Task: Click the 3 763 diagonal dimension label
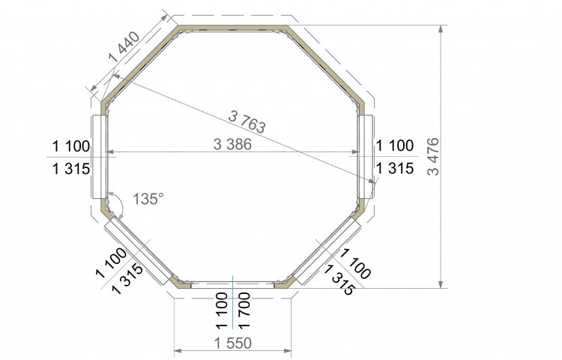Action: point(247,121)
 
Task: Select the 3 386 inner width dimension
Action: point(232,144)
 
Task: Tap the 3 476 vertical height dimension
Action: point(433,156)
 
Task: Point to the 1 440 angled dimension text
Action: point(124,47)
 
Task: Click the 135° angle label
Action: point(148,199)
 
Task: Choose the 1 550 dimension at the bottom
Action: point(233,343)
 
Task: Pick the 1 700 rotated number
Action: point(244,310)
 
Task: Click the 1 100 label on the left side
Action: point(71,146)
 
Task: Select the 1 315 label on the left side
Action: point(71,169)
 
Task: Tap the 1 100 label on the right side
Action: point(395,145)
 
